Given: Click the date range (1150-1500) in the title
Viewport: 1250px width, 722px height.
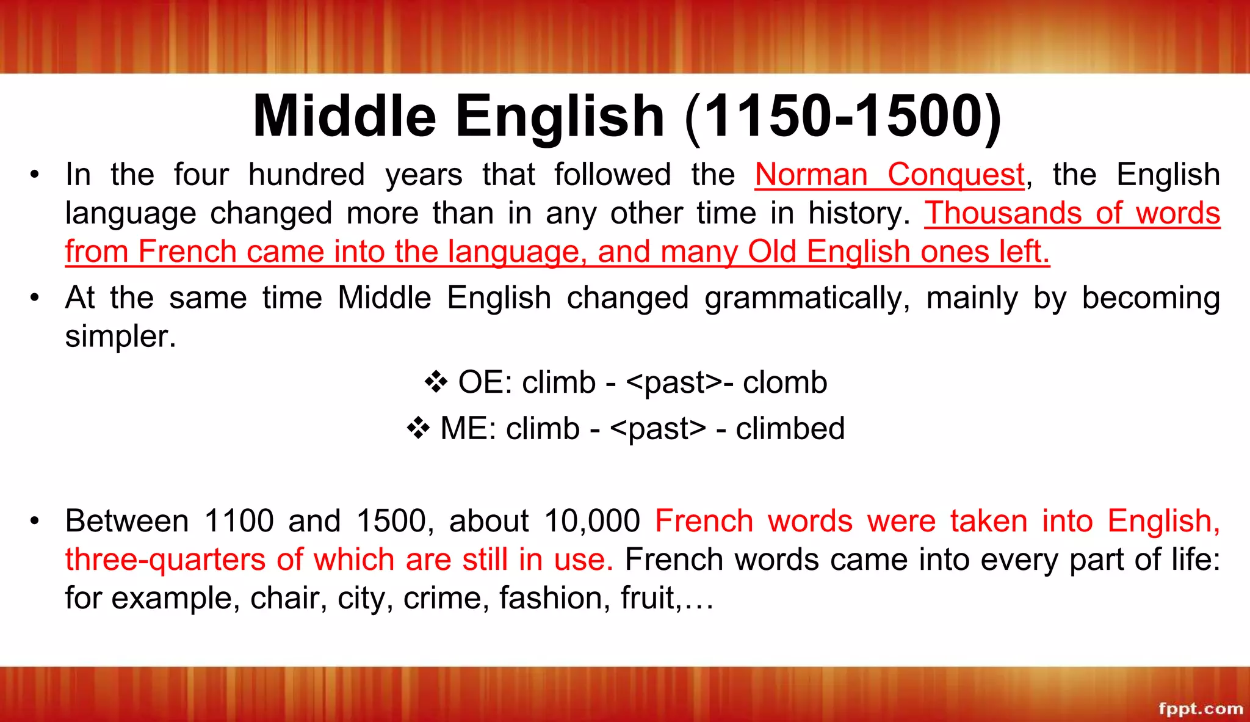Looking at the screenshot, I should (x=843, y=117).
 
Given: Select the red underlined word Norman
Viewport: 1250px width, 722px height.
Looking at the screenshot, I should (x=811, y=175).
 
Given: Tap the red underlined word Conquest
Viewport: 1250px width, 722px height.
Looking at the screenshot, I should (x=956, y=175).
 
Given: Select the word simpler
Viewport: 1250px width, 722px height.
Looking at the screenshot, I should (x=120, y=337).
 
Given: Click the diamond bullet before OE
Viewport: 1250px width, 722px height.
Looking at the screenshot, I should (x=436, y=382).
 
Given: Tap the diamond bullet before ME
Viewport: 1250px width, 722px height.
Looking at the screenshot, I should (x=418, y=428).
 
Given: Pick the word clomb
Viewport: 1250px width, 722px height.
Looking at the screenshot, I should (x=785, y=382).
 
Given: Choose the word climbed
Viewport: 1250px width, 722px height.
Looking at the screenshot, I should (x=790, y=428).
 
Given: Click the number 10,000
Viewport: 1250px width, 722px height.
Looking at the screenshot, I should (x=591, y=521).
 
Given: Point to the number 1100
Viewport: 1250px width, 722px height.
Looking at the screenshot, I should (x=239, y=521).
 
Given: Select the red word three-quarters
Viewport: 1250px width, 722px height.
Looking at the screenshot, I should (x=165, y=560).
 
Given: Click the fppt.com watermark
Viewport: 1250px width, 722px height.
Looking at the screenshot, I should (x=1201, y=709).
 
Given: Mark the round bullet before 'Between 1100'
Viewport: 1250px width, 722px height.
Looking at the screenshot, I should (x=35, y=521).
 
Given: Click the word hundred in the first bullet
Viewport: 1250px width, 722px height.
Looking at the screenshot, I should (x=306, y=175).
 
